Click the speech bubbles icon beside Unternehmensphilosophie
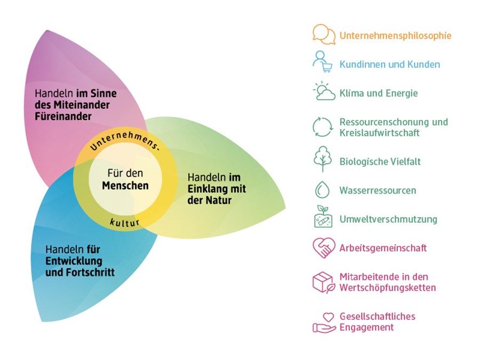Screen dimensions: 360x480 click(x=324, y=35)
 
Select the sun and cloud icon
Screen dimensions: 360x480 click(x=323, y=91)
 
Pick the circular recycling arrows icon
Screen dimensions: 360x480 click(x=323, y=127)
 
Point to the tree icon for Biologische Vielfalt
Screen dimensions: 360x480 click(x=322, y=158)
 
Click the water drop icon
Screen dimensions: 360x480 click(x=322, y=190)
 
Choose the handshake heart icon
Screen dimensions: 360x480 click(x=323, y=247)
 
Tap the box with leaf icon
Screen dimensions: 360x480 click(x=323, y=282)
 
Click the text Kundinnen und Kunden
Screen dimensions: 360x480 click(x=390, y=65)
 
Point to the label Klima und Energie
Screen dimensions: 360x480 click(x=379, y=93)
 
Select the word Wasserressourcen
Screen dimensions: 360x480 click(x=378, y=190)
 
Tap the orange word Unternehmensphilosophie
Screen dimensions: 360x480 click(x=395, y=36)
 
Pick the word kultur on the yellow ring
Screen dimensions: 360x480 click(x=125, y=221)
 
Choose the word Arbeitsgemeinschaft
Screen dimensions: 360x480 click(x=383, y=248)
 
